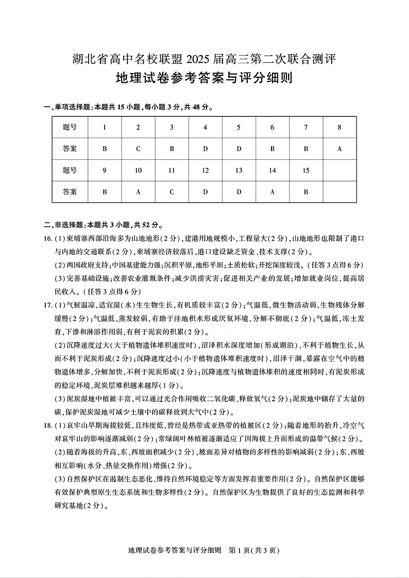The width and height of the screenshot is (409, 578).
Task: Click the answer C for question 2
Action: [x=138, y=149]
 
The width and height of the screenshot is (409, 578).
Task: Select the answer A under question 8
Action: [x=339, y=149]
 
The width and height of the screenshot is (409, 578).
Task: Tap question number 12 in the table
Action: [x=205, y=171]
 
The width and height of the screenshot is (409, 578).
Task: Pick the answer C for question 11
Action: [x=172, y=192]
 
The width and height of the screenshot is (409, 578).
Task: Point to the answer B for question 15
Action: [x=306, y=192]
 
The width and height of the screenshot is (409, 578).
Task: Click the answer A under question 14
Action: [x=272, y=192]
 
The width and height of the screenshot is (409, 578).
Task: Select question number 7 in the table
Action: [x=306, y=127]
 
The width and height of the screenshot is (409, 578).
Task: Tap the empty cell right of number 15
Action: [x=339, y=171]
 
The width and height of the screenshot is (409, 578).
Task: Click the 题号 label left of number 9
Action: [x=70, y=171]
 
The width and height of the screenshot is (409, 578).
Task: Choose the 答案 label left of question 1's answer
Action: [x=70, y=149]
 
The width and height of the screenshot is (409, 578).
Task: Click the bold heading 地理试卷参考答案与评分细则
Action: [x=204, y=79]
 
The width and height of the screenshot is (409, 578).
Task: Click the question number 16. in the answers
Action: [x=48, y=239]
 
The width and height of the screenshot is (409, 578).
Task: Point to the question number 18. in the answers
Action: [x=48, y=426]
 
